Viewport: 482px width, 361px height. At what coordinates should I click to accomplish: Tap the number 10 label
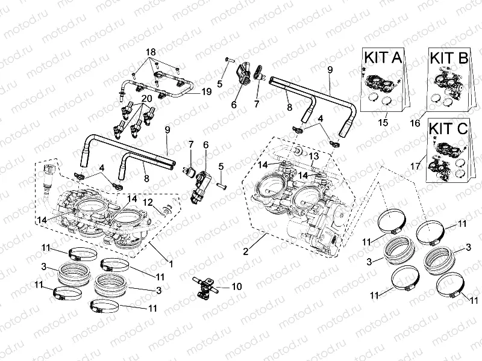236,287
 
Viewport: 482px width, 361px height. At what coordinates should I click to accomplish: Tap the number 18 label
150,52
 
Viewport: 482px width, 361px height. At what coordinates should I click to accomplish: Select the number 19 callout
206,92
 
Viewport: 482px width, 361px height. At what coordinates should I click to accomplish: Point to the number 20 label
146,98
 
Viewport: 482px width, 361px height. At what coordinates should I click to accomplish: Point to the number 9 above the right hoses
330,70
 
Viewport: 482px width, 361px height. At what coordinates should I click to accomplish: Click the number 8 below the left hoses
146,179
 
